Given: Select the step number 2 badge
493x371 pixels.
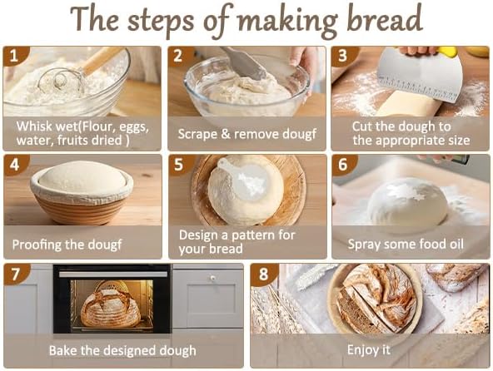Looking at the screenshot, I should pos(177,57).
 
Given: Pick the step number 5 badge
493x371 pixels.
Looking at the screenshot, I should pos(177,165).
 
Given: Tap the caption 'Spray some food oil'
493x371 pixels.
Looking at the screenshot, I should pos(406,245).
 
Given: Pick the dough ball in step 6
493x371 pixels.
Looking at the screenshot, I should pos(408,203).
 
